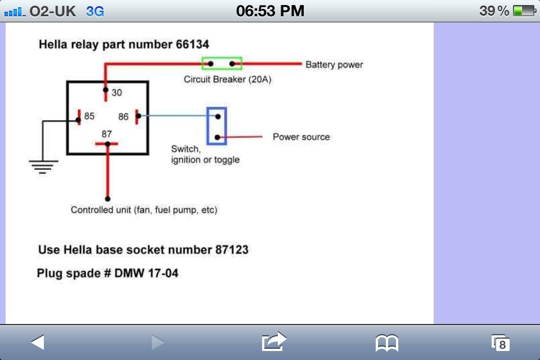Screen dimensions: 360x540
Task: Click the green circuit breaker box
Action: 222,64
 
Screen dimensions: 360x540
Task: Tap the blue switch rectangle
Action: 217,125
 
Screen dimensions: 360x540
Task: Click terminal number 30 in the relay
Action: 117,93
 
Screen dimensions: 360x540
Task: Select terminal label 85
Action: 89,116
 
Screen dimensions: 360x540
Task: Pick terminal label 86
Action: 124,117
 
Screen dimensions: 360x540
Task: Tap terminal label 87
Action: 107,134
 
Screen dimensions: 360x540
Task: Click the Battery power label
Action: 334,65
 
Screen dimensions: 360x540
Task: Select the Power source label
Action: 301,137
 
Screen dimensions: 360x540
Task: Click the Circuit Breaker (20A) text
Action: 227,79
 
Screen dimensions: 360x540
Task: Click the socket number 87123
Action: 232,249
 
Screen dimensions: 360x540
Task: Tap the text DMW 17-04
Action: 147,273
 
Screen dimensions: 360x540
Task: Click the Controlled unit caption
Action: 144,210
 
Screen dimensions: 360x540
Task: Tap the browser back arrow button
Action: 38,341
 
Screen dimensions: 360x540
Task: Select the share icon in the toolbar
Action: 274,341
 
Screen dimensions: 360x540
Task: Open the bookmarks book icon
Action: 387,342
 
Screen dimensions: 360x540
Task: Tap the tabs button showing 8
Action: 500,343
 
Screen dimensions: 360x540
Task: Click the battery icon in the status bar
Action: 524,11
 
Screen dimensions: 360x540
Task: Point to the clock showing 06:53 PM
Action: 270,11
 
